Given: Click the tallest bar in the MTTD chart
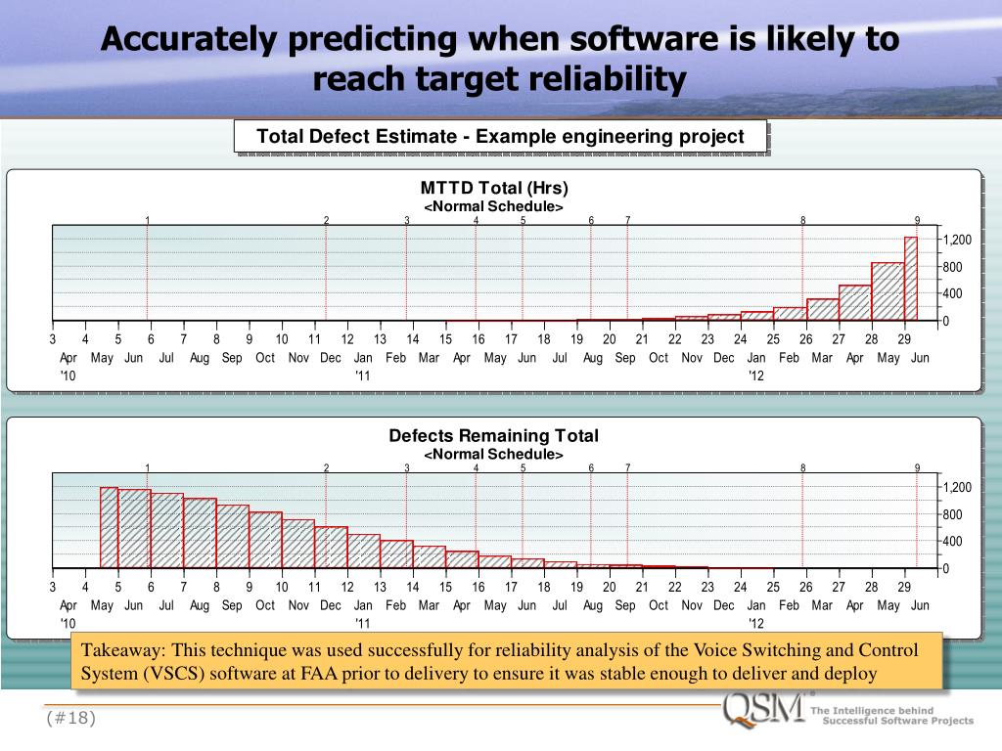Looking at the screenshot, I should (x=911, y=279).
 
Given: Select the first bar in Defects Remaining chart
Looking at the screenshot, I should (x=109, y=527).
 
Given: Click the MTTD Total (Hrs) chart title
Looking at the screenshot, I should (x=494, y=188).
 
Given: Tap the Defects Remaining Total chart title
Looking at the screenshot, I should (x=494, y=435).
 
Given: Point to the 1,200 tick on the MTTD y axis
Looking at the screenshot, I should (x=957, y=241).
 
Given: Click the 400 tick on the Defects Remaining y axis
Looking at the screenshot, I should (x=954, y=542).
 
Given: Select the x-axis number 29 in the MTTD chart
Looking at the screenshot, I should (x=904, y=339).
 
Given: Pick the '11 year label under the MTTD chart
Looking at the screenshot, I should (x=362, y=375).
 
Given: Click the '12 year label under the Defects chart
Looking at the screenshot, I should (x=755, y=623).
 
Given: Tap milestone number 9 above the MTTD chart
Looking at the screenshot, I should (x=917, y=220).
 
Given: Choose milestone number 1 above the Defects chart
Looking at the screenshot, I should (x=148, y=467).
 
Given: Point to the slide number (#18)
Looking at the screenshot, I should (x=71, y=719).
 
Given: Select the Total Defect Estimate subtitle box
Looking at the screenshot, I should (x=500, y=136).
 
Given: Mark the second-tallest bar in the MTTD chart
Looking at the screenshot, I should (x=888, y=291).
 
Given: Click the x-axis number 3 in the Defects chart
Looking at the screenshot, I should (x=53, y=587).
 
